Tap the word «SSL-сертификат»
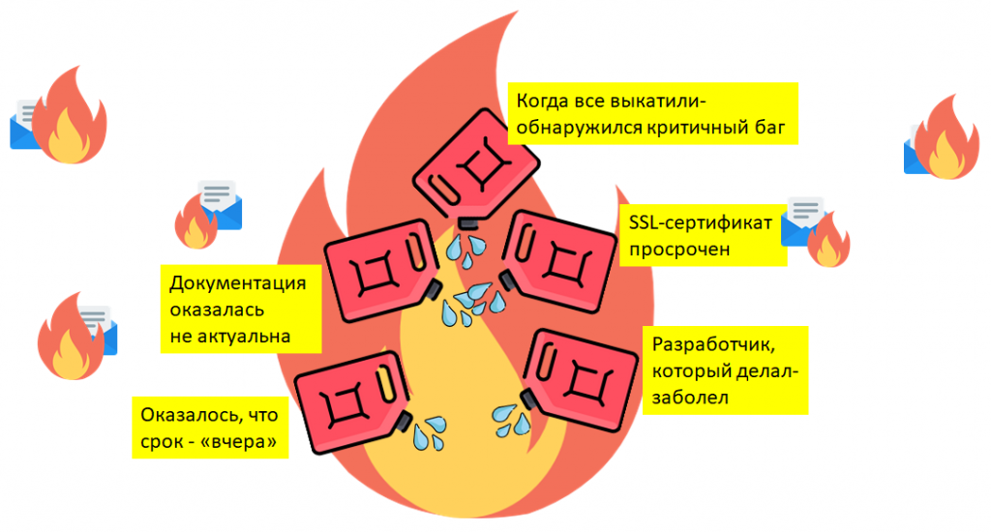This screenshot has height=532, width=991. tap(701, 223)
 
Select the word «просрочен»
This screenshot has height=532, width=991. tap(679, 250)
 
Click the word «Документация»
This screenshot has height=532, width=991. tap(238, 283)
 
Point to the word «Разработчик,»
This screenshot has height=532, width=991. tap(713, 345)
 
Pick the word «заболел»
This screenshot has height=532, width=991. tap(690, 398)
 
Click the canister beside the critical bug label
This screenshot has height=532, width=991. tap(475, 165)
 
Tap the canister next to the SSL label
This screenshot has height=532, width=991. tap(557, 260)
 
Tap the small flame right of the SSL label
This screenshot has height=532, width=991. tap(828, 240)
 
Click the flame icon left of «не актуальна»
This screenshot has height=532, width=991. tap(71, 337)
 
